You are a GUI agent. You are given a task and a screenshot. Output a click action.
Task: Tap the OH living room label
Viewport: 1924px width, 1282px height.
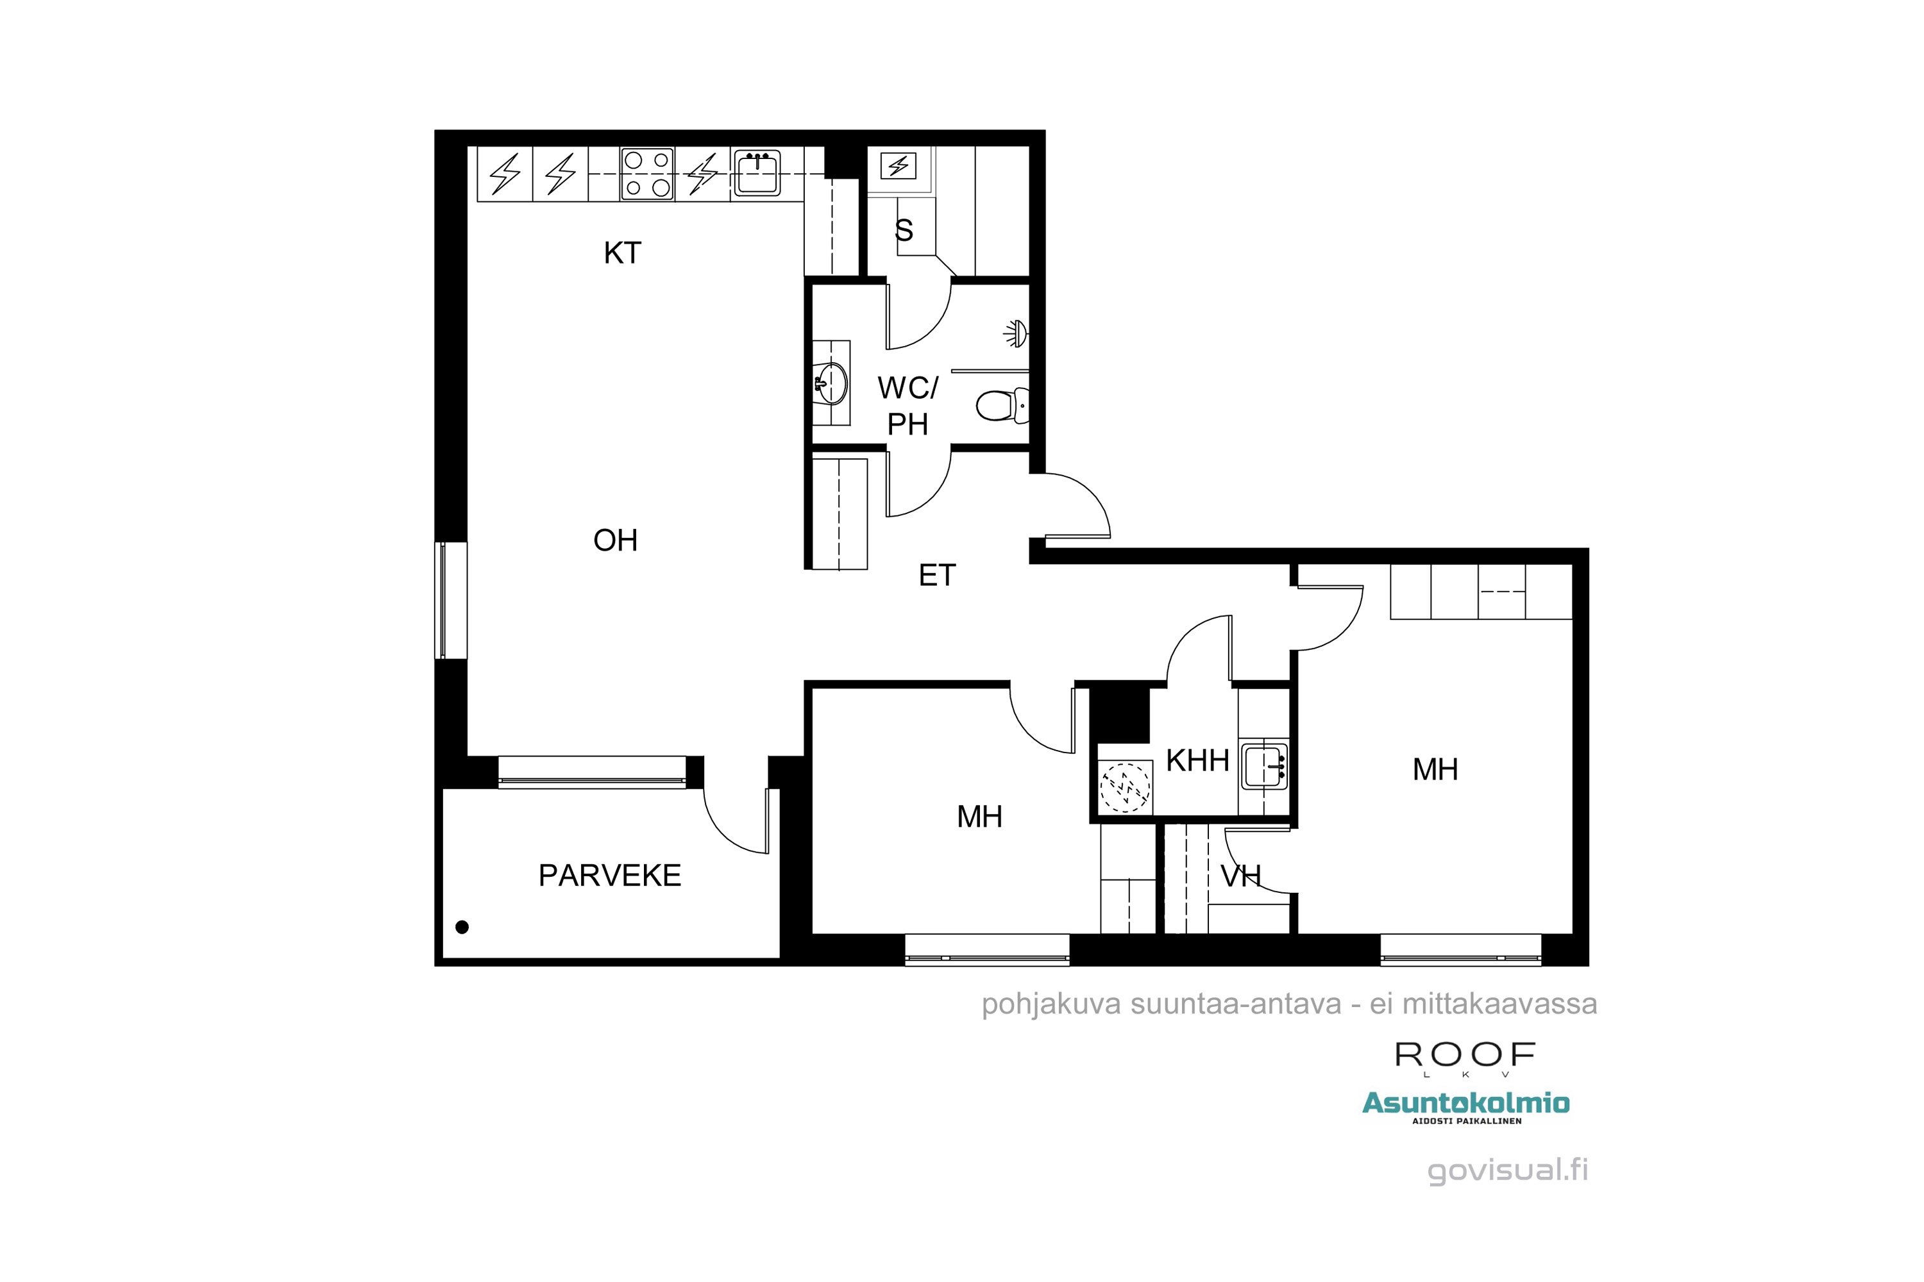point(615,540)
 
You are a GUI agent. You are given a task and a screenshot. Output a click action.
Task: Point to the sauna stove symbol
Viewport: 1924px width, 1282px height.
point(899,166)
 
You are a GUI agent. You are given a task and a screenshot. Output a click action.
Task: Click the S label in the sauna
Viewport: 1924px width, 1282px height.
point(903,231)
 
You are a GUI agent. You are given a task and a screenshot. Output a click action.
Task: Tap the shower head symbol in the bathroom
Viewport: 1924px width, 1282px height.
point(1016,333)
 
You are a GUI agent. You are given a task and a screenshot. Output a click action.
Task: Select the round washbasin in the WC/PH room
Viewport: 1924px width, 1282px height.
point(831,383)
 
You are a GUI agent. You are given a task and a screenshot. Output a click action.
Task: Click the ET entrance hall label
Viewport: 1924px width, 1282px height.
point(936,576)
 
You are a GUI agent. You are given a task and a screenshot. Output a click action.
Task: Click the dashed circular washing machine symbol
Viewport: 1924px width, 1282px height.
point(1125,787)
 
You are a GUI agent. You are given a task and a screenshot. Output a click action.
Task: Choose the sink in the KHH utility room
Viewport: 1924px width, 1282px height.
point(1264,766)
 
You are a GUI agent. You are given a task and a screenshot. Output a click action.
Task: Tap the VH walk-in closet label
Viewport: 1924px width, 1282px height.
point(1240,876)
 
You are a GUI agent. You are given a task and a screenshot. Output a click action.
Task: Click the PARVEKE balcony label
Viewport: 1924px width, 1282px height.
point(609,876)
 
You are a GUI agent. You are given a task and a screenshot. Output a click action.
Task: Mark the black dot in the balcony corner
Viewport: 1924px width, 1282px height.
point(462,927)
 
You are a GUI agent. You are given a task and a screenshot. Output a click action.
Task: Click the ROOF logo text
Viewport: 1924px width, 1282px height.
point(1464,1054)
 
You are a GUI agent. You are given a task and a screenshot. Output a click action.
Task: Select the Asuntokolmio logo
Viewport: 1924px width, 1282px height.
point(1465,1104)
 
